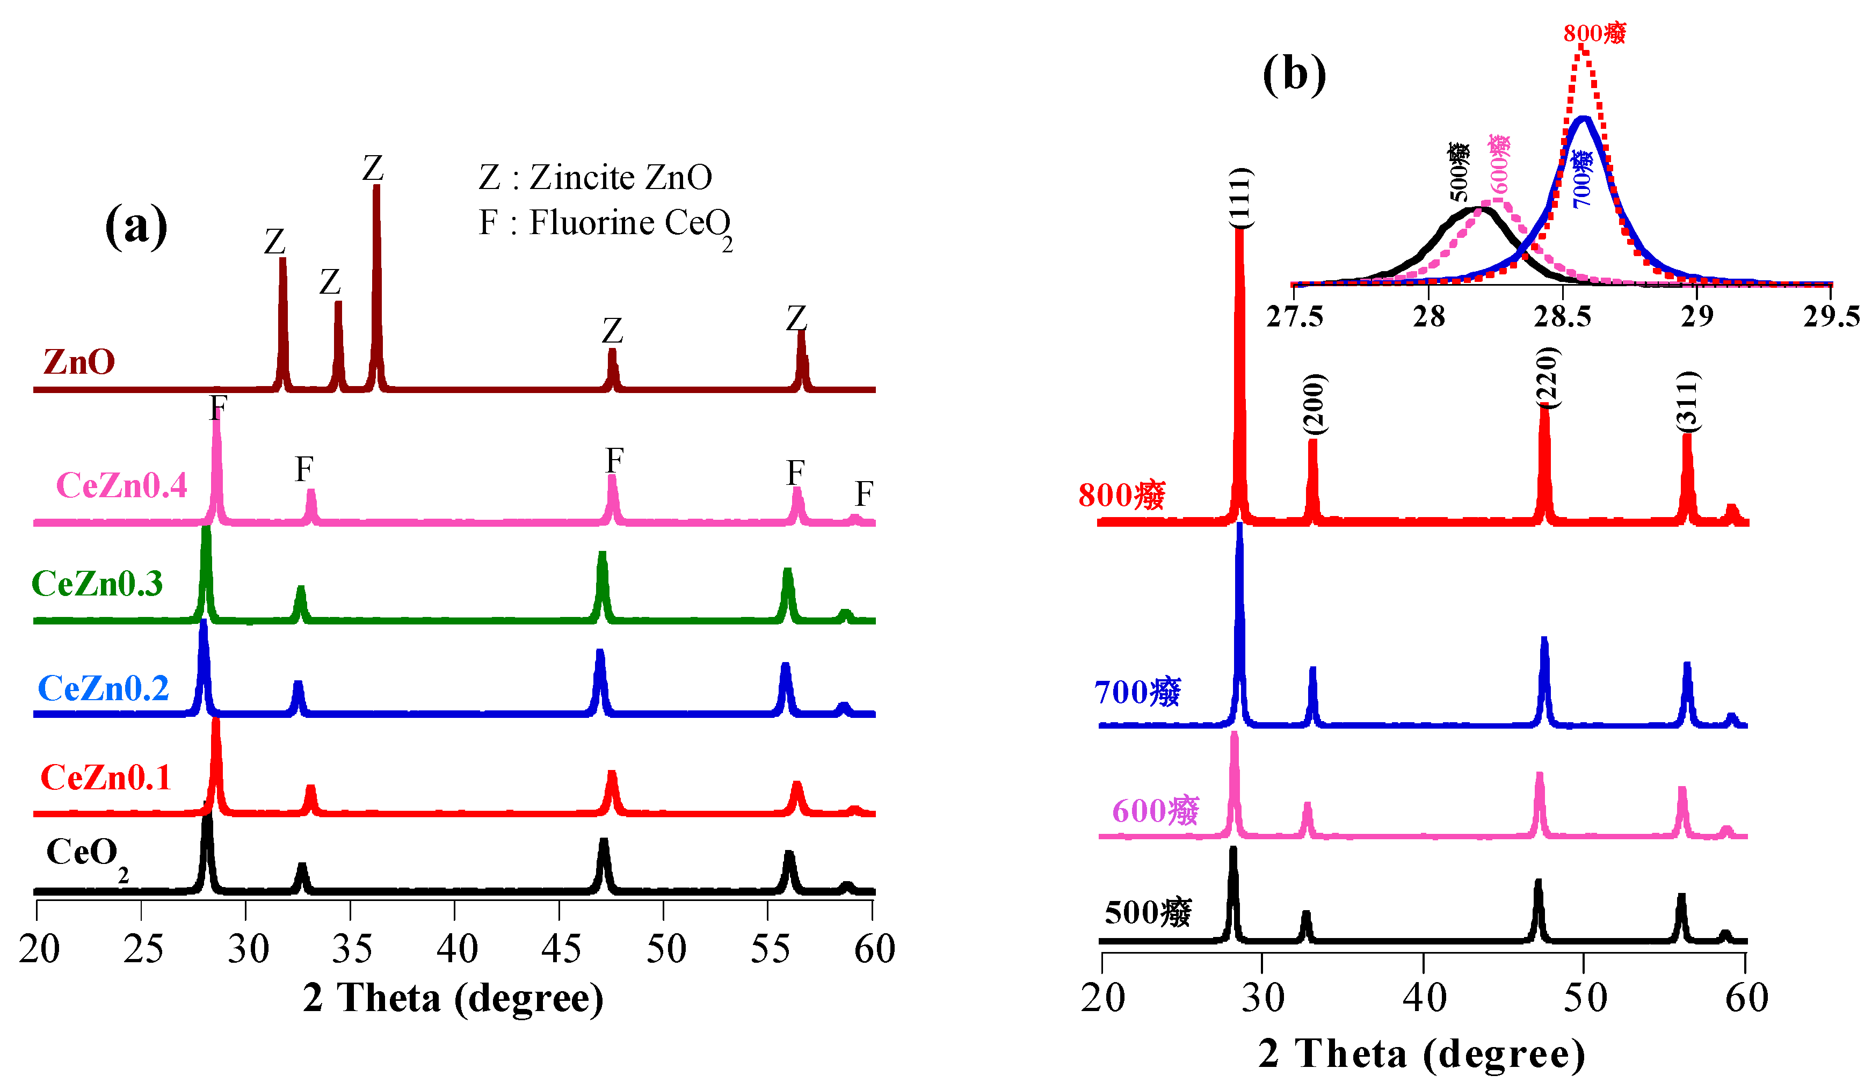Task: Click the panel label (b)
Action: click(1294, 74)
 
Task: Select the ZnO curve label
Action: click(79, 362)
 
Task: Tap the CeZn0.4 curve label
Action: click(121, 485)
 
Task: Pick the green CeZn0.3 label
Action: click(97, 583)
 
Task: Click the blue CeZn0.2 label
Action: click(103, 688)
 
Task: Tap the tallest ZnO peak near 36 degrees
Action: click(376, 188)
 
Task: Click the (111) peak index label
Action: click(1239, 198)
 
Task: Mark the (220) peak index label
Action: click(1547, 377)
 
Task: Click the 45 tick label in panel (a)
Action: click(561, 949)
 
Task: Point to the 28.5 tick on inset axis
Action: click(1562, 316)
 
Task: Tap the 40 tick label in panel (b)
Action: click(1424, 998)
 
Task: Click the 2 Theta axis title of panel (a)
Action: click(453, 998)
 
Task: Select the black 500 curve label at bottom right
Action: click(1148, 912)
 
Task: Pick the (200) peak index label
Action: click(1314, 405)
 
